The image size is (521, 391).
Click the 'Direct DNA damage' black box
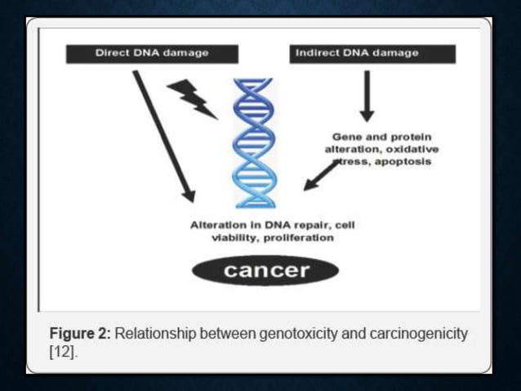point(152,53)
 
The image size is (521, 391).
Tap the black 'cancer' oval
point(265,271)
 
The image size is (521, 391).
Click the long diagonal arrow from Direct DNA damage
point(164,135)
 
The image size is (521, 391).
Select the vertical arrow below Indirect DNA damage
point(366,95)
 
